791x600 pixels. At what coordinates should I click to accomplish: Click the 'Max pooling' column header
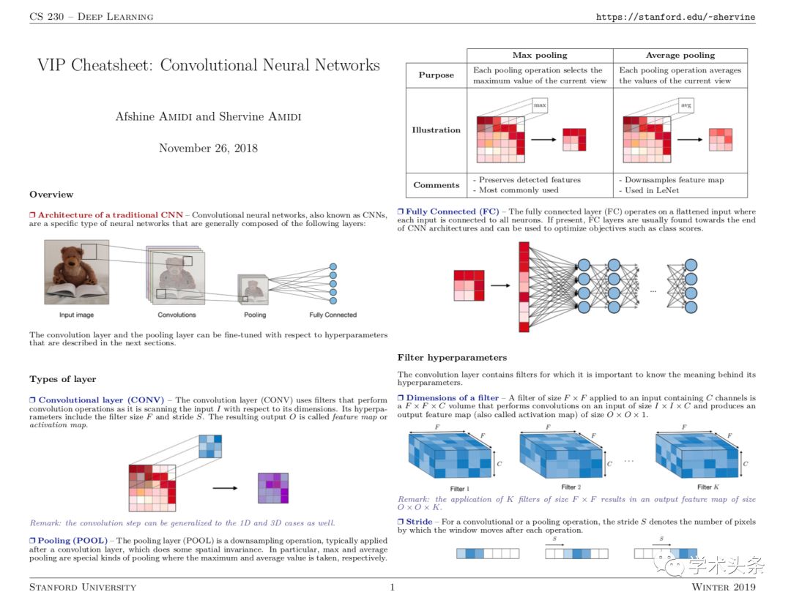(540, 56)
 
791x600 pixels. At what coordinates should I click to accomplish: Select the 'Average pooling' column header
(680, 56)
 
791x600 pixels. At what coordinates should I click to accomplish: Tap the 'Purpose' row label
(436, 75)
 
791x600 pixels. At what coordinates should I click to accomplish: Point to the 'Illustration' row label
(436, 130)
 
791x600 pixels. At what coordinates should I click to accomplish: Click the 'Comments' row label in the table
(437, 185)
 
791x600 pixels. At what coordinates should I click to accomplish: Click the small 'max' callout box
(540, 105)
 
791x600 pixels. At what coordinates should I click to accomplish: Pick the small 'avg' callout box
(686, 105)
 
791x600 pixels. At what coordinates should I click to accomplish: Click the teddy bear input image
(77, 272)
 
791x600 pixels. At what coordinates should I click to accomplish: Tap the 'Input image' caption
(76, 315)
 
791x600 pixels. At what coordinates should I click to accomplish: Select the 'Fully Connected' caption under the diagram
(333, 315)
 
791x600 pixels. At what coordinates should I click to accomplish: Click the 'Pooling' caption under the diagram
(255, 315)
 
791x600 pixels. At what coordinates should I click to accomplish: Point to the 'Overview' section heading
(51, 195)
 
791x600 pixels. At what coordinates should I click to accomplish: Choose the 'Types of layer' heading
(62, 379)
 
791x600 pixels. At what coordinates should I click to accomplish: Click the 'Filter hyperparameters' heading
(452, 358)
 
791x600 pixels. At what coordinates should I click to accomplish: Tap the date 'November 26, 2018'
(208, 148)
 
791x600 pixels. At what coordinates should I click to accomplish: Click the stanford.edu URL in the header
(675, 17)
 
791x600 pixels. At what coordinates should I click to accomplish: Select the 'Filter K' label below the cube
(708, 487)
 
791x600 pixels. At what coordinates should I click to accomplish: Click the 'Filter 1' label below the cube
(459, 489)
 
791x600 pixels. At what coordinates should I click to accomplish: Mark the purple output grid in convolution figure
(273, 488)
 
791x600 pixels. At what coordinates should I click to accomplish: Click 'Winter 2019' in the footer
(724, 587)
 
